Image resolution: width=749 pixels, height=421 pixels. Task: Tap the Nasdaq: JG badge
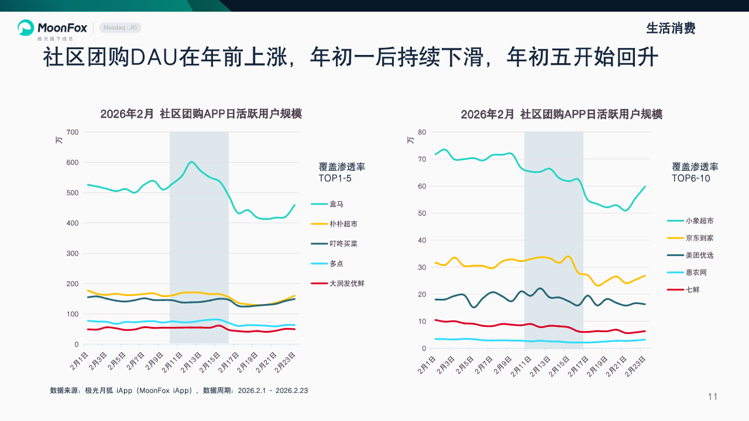(121, 27)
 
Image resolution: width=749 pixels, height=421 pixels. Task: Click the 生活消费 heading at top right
(671, 28)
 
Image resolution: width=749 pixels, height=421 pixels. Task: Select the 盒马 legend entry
(336, 204)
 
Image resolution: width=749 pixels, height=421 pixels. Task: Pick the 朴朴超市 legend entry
(343, 224)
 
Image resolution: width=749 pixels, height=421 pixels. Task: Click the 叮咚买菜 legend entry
(343, 244)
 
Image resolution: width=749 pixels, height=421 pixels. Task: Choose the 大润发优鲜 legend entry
(347, 284)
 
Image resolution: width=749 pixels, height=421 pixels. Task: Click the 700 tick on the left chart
(73, 132)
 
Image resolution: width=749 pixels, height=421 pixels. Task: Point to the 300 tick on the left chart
(73, 254)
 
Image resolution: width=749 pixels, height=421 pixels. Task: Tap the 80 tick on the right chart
(422, 132)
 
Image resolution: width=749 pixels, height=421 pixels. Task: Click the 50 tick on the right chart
(422, 213)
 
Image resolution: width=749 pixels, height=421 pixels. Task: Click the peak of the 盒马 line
(192, 162)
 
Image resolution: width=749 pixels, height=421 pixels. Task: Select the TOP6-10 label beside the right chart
(690, 178)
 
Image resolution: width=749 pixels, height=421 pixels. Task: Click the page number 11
(712, 397)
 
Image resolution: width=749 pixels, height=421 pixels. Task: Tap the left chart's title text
(201, 114)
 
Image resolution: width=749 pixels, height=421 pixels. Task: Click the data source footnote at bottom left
(179, 391)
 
